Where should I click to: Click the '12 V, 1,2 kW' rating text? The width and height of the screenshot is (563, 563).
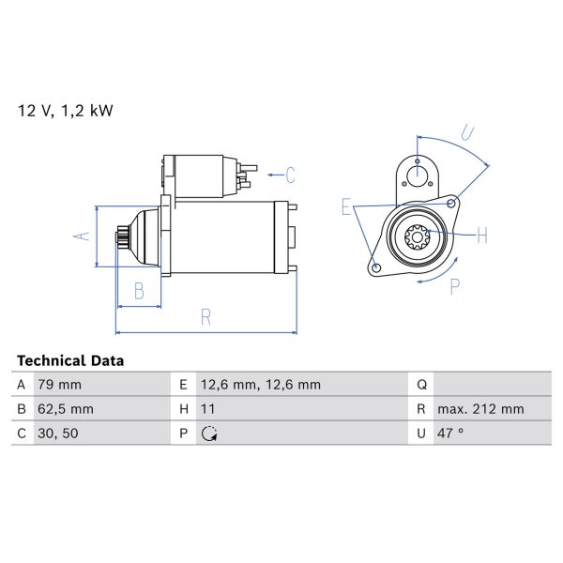tap(65, 111)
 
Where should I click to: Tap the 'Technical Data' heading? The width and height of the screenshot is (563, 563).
tap(70, 360)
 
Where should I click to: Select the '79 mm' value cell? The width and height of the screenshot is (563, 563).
tap(59, 385)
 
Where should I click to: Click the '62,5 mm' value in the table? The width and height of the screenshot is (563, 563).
tap(65, 409)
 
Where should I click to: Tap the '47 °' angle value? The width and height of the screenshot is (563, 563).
tap(453, 434)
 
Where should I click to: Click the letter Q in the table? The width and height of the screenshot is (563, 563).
tap(422, 385)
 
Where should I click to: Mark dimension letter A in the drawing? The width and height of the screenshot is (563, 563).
tap(82, 236)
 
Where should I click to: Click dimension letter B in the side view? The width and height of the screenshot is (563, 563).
tap(138, 292)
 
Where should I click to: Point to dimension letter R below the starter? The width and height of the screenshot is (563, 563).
tap(205, 318)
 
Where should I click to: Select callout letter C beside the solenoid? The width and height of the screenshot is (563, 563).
tap(291, 175)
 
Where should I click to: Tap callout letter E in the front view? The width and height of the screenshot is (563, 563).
tap(345, 207)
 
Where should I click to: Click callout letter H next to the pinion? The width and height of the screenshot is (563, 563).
tap(481, 236)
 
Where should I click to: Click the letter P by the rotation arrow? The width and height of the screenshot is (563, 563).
tap(454, 286)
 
